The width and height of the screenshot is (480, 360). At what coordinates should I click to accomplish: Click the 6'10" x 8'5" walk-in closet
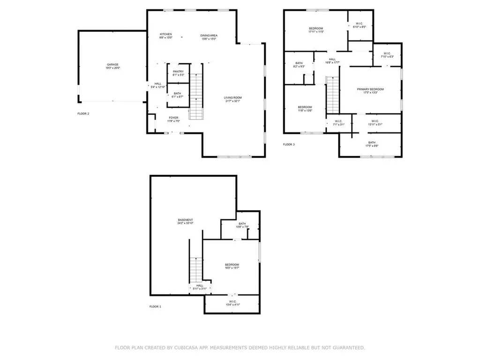coord(359,25)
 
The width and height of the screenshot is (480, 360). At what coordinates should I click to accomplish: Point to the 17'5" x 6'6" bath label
coord(371,144)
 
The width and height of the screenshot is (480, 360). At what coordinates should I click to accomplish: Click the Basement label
coord(185,222)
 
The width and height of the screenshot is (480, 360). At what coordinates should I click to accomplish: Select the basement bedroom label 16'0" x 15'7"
coord(232,266)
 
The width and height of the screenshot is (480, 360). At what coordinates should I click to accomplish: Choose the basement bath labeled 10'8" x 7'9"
coord(242,225)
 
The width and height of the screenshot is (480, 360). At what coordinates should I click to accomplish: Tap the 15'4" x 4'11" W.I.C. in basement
coord(232,303)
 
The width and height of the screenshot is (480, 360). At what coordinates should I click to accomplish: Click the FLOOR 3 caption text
coord(289,144)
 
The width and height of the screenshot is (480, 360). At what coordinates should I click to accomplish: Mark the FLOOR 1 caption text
coord(155,307)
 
